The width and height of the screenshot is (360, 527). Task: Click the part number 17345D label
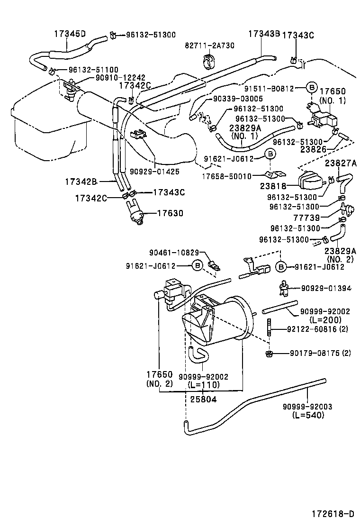[70, 34]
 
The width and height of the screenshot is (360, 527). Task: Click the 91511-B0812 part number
[276, 88]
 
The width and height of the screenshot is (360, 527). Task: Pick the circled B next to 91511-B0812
[311, 88]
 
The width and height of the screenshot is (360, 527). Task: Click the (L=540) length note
[308, 415]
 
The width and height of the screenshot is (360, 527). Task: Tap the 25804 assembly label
[203, 399]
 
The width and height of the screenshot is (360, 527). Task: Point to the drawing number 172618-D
[333, 513]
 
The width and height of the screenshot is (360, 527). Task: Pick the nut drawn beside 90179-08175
[269, 354]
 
